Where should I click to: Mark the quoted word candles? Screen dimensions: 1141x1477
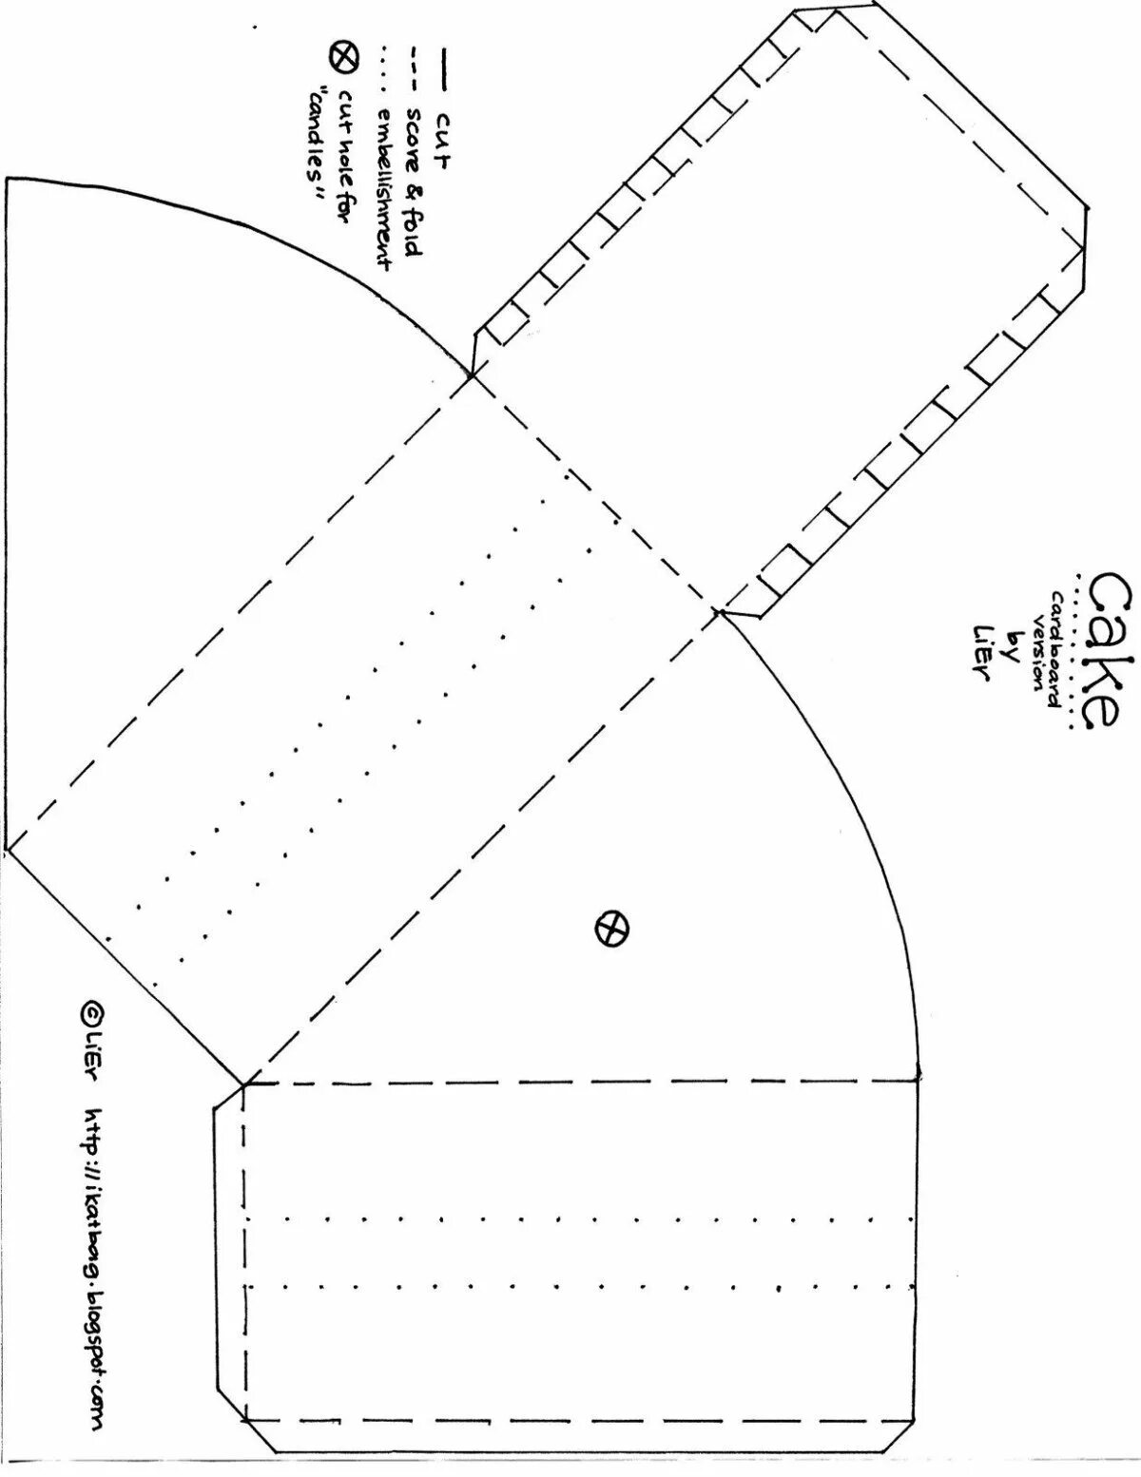(x=312, y=143)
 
